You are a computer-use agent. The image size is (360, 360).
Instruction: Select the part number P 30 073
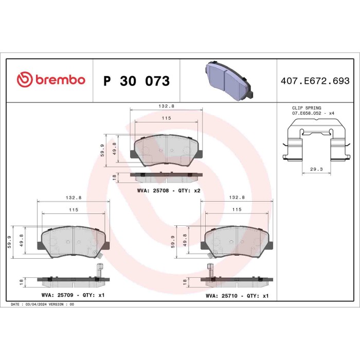[136, 81]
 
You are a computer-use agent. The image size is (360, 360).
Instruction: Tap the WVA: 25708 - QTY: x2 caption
[168, 190]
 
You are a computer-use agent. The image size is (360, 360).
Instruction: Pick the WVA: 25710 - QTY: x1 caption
[237, 296]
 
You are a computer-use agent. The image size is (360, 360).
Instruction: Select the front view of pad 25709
[74, 242]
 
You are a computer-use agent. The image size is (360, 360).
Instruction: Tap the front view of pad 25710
[238, 242]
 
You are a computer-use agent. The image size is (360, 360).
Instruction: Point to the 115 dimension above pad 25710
[237, 209]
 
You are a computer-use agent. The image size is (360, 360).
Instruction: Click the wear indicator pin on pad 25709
[100, 267]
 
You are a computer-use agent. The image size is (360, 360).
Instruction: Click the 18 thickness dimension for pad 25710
[184, 282]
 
